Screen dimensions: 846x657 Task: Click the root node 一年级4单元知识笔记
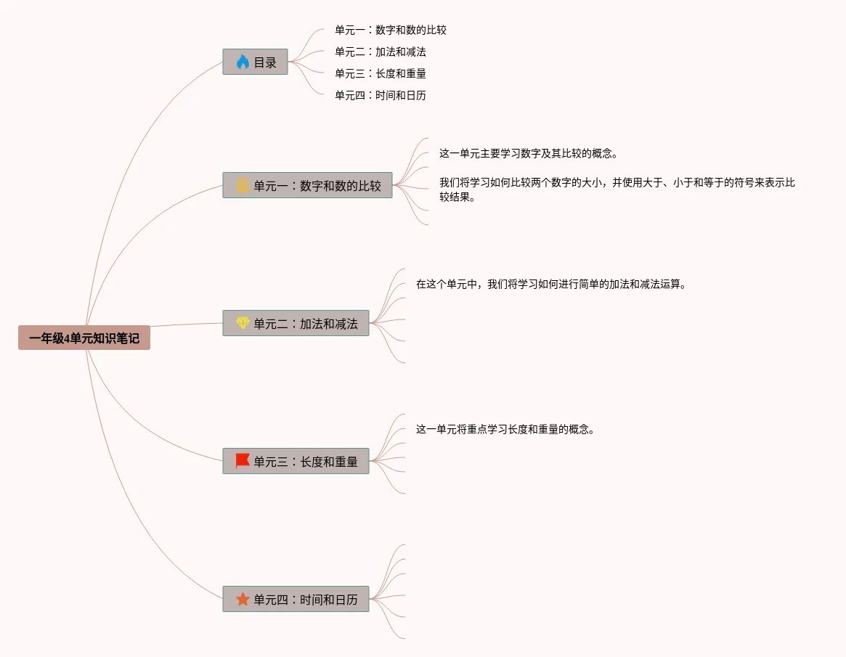(x=84, y=338)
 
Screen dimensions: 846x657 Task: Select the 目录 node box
(x=256, y=62)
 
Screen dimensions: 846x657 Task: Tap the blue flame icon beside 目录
(x=243, y=62)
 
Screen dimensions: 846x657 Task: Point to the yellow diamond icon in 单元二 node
(x=243, y=323)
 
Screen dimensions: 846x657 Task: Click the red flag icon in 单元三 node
(x=243, y=461)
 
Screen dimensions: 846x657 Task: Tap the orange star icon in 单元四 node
(x=243, y=599)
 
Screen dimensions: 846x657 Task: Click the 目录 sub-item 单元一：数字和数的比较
(x=390, y=30)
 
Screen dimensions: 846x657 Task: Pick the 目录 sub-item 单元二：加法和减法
(x=380, y=52)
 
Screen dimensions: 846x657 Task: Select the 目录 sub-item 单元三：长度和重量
(x=380, y=74)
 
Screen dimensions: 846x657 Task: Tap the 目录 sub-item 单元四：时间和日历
(x=380, y=95)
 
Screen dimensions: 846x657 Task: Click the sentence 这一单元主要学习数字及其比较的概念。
(x=528, y=154)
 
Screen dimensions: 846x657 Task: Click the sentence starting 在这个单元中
(x=550, y=284)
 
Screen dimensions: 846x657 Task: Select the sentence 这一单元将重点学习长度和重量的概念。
(x=505, y=429)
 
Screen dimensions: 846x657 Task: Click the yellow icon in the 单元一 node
(x=243, y=185)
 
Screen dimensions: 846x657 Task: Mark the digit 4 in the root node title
(x=68, y=338)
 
